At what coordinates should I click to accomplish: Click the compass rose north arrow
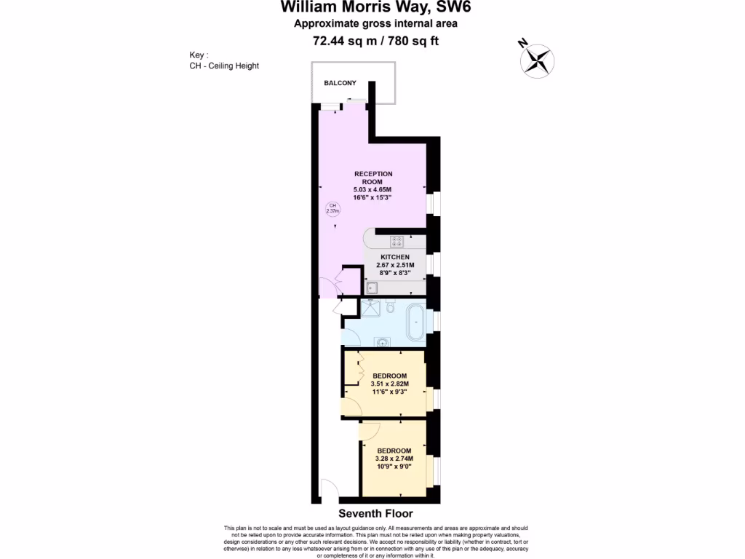(x=538, y=59)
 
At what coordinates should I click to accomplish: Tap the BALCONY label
(x=340, y=83)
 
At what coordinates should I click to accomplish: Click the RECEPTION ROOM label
(x=373, y=178)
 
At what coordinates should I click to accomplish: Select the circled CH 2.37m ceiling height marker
(x=332, y=209)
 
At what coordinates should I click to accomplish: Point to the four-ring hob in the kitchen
(x=397, y=242)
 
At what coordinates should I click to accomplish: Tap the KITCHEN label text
(x=395, y=257)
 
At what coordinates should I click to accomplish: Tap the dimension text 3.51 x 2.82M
(x=390, y=384)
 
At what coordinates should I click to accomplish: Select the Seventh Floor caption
(x=376, y=513)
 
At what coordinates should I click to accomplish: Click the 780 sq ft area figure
(x=413, y=41)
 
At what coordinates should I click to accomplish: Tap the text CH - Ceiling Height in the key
(x=223, y=66)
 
